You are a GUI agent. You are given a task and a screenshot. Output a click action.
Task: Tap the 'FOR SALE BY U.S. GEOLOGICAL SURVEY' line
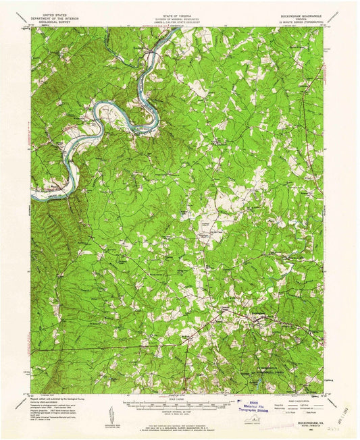pos(180,425)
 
